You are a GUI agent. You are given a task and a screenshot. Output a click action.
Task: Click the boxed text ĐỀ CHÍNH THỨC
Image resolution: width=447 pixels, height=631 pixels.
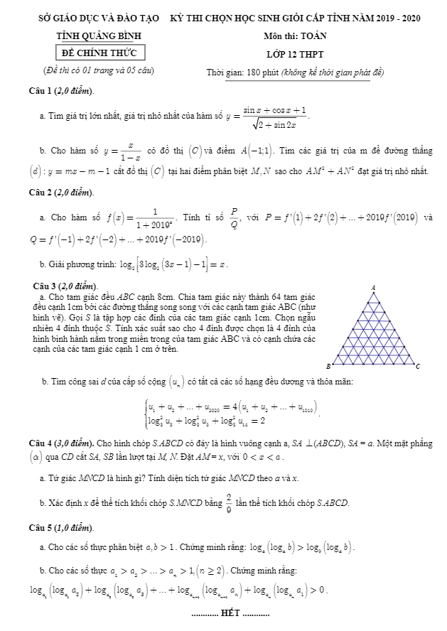click(x=100, y=53)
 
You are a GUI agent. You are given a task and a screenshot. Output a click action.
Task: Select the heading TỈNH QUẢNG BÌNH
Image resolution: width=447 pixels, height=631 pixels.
click(x=100, y=36)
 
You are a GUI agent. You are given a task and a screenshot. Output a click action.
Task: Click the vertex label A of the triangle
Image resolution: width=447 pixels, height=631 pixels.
click(x=373, y=287)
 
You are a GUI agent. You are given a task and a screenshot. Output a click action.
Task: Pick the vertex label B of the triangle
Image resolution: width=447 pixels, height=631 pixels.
click(x=328, y=366)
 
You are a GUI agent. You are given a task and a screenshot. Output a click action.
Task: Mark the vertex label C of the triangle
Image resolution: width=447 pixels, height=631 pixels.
click(x=418, y=367)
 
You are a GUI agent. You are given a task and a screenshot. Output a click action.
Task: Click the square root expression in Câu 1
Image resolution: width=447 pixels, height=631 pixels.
click(x=274, y=124)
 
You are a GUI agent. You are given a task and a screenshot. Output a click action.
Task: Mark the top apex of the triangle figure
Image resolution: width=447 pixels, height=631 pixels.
click(x=373, y=293)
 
